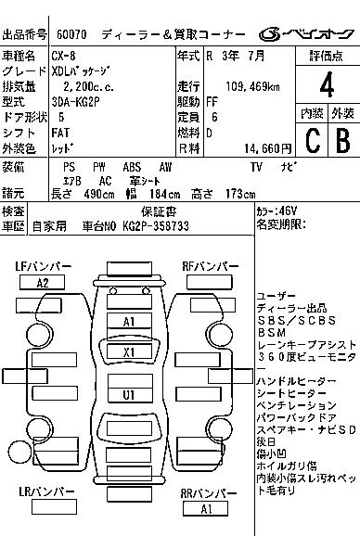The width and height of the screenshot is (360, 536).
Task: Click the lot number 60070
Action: (71, 34)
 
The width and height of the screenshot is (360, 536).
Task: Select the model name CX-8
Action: (64, 56)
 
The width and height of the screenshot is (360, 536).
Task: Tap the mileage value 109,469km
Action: (252, 86)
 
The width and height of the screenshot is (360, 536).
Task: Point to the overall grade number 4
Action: (327, 84)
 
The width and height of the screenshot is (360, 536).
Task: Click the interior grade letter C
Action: (313, 140)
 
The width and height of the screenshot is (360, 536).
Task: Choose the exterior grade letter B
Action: (343, 140)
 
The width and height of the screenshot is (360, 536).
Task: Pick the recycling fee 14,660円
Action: (268, 148)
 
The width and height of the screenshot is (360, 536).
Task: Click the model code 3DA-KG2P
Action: (75, 102)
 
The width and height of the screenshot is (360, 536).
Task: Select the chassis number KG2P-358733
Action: (156, 226)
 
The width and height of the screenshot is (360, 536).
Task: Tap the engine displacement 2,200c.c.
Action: (88, 86)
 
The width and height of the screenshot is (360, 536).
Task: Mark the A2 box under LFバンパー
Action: (43, 283)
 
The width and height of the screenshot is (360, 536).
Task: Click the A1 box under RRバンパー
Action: (205, 509)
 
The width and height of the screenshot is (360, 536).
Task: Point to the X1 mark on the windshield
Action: (129, 351)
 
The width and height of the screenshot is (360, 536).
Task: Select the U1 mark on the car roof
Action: (130, 395)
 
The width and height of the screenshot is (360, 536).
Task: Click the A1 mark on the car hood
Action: (129, 322)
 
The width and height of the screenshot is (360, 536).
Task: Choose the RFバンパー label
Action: (210, 266)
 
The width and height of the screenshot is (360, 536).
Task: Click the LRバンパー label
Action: (46, 491)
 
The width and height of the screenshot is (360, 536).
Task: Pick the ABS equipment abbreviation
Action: (132, 167)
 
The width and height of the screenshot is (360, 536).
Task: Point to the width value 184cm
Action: (164, 194)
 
